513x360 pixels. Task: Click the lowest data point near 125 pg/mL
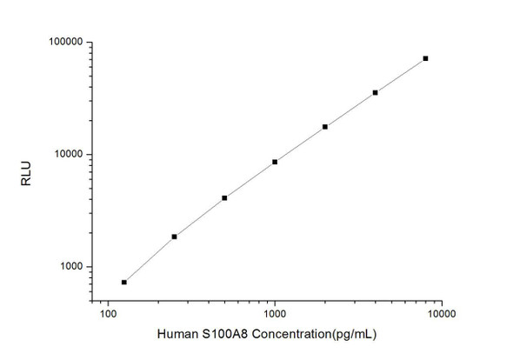[x=124, y=282]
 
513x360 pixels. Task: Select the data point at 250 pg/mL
[x=174, y=237]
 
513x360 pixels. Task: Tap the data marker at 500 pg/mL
[x=224, y=198]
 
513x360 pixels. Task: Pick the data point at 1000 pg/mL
[x=275, y=162]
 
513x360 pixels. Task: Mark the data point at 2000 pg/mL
[x=325, y=127]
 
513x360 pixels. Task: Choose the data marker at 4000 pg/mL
[x=375, y=92]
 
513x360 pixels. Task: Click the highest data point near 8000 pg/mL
[x=425, y=58]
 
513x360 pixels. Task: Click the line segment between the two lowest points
[x=150, y=259]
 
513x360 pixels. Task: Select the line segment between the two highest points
[x=400, y=76]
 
